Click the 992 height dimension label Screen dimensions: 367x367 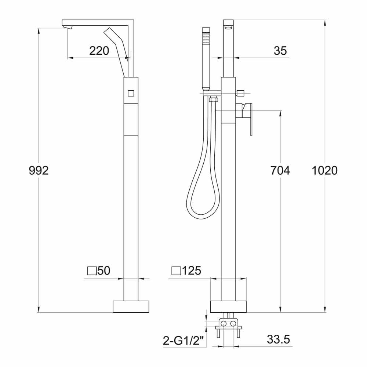(x=39, y=171)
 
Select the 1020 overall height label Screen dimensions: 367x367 (x=324, y=171)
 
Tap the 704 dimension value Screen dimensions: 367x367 (x=280, y=171)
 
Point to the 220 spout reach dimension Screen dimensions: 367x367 (x=99, y=51)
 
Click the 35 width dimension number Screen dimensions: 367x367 (x=280, y=51)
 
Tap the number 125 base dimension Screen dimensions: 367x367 (x=192, y=271)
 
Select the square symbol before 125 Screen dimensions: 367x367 (x=176, y=272)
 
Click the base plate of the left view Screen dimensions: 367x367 (x=131, y=306)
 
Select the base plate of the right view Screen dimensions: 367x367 (x=228, y=306)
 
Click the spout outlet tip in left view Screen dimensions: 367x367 (x=68, y=28)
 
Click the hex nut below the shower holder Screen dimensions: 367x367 (x=213, y=99)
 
